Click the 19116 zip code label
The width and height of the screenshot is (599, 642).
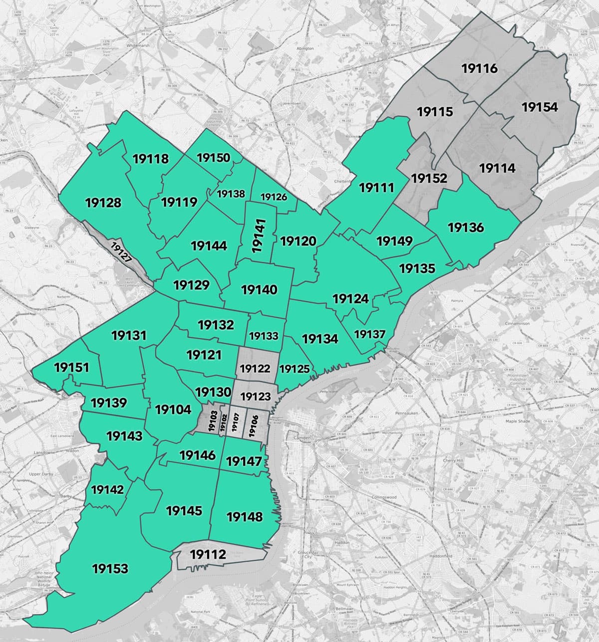[480, 68]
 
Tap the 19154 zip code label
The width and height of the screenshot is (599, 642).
[540, 107]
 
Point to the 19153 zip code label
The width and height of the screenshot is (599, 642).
[110, 568]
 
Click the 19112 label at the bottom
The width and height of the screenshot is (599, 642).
[208, 554]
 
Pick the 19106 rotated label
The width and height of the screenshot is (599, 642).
[254, 425]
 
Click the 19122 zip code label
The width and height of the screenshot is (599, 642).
[255, 369]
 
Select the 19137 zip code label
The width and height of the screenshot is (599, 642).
[370, 334]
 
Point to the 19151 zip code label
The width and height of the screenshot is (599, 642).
[71, 368]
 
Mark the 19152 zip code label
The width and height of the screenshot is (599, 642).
[429, 178]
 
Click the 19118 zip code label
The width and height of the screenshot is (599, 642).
[151, 159]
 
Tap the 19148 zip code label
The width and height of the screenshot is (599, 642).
[245, 517]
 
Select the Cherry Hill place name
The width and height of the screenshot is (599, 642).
[453, 461]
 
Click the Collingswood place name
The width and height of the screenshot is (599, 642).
[384, 497]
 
